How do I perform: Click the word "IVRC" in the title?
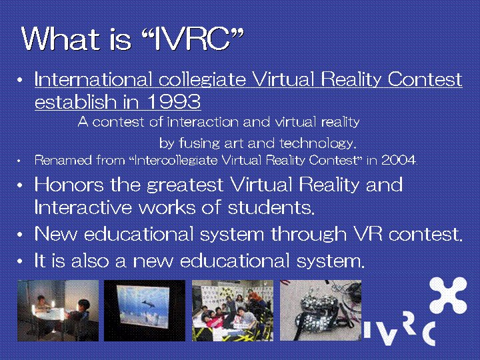pos(191,39)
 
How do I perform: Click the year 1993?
pos(174,101)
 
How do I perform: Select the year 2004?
pos(399,160)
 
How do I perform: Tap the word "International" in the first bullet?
pos(93,79)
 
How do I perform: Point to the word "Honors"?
pos(69,184)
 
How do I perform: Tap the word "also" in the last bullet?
pos(90,261)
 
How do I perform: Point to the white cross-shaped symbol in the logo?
pos(448,295)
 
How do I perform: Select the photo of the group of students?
pos(233,311)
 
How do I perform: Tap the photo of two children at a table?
pos(58,311)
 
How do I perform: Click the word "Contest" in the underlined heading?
pos(425,79)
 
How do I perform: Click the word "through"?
pos(309,235)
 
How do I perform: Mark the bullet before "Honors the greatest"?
pos(20,185)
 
